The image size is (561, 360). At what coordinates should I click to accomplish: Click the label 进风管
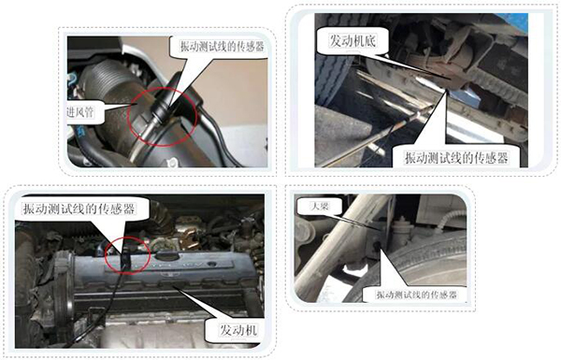(79, 112)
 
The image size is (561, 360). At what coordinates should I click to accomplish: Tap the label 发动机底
(352, 41)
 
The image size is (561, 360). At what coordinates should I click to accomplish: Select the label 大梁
(320, 206)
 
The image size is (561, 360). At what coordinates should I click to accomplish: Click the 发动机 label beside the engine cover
(237, 330)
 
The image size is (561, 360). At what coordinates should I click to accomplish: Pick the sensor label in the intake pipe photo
(222, 46)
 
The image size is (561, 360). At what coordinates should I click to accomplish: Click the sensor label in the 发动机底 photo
(456, 157)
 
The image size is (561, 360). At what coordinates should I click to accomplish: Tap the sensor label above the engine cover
(79, 209)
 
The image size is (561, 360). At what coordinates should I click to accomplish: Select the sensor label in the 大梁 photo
(416, 295)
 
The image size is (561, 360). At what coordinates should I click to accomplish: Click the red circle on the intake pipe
(196, 114)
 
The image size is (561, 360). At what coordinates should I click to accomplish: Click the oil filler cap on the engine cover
(167, 256)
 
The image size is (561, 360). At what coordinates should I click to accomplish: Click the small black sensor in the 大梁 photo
(376, 247)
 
